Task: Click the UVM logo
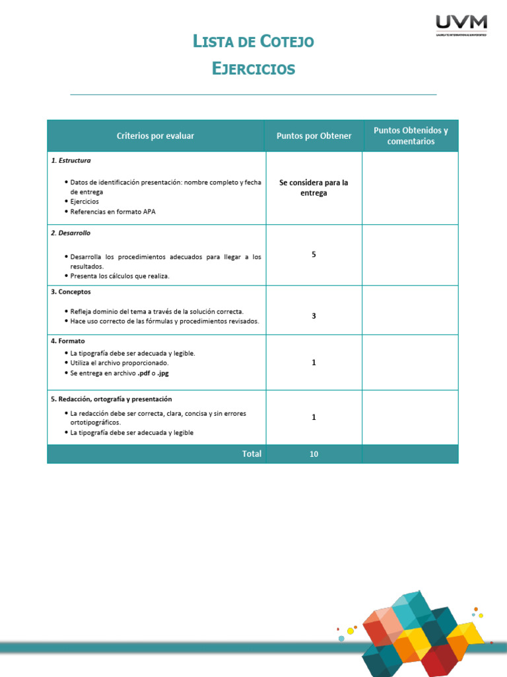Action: (x=461, y=24)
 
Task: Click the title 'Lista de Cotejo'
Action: (x=253, y=42)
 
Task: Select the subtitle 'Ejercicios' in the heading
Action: (x=253, y=68)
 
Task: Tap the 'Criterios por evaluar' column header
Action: (x=155, y=136)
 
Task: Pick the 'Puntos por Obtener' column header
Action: (x=314, y=136)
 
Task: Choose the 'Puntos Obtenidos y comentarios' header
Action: (x=411, y=136)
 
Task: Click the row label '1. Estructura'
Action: (x=71, y=161)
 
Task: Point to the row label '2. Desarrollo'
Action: (x=71, y=233)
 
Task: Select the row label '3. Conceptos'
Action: (x=71, y=292)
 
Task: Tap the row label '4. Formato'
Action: (x=67, y=341)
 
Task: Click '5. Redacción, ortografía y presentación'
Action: (x=111, y=399)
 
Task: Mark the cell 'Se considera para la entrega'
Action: (x=314, y=188)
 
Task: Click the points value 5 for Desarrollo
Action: (x=314, y=255)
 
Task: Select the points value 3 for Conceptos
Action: (x=314, y=316)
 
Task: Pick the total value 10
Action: (x=314, y=454)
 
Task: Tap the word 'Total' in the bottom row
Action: (x=252, y=454)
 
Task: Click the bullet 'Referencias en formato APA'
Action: (x=113, y=212)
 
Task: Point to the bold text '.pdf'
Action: (x=144, y=373)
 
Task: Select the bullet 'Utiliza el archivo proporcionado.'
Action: (x=119, y=363)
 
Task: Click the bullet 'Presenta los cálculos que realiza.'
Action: (x=119, y=276)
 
